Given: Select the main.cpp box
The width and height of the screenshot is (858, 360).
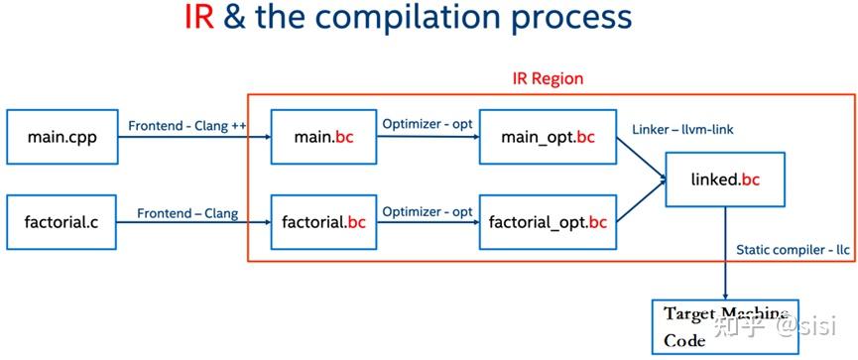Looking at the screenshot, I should click(61, 137).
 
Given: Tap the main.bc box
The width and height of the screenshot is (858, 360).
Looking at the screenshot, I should click(323, 137).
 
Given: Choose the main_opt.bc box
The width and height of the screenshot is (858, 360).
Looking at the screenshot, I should click(548, 137).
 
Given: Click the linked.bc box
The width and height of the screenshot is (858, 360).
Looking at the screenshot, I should click(724, 180).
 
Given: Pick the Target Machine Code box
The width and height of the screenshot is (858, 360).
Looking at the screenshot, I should click(724, 326).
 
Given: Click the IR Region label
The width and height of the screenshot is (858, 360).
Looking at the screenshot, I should click(548, 78).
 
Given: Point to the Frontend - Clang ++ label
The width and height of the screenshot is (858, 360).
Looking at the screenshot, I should click(187, 126).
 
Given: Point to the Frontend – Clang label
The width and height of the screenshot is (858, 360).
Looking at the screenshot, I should click(187, 211).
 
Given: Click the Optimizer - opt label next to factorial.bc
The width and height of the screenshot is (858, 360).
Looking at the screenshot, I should click(428, 211).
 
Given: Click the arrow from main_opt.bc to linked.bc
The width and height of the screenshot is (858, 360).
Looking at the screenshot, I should click(640, 157).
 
